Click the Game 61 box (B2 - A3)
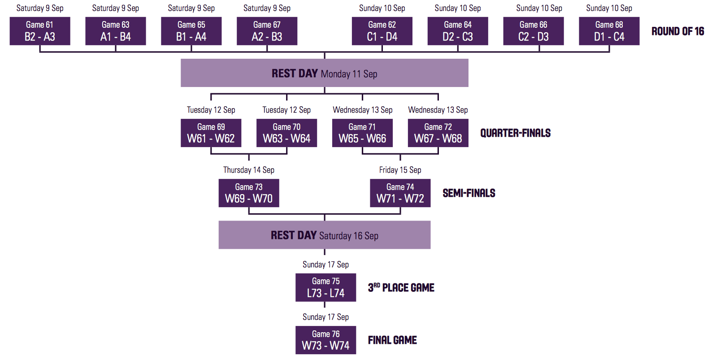point(40,31)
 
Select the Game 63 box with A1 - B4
point(116,31)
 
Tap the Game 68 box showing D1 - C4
point(609,31)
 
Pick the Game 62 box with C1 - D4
point(382,31)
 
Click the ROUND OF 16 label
point(678,31)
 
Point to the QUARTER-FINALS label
point(516,133)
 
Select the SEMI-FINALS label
point(469,193)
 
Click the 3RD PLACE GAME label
point(401,287)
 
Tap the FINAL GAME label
point(392,340)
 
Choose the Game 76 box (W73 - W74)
point(325,340)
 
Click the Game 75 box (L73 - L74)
point(325,287)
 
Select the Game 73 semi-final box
point(249,193)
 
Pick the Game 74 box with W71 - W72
point(400,193)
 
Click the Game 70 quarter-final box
point(287,133)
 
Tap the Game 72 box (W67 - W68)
point(438,133)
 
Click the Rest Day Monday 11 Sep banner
point(325,73)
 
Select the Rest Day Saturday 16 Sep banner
point(325,235)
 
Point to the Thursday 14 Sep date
point(249,170)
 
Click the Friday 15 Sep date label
point(400,170)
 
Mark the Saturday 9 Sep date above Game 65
point(191,8)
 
